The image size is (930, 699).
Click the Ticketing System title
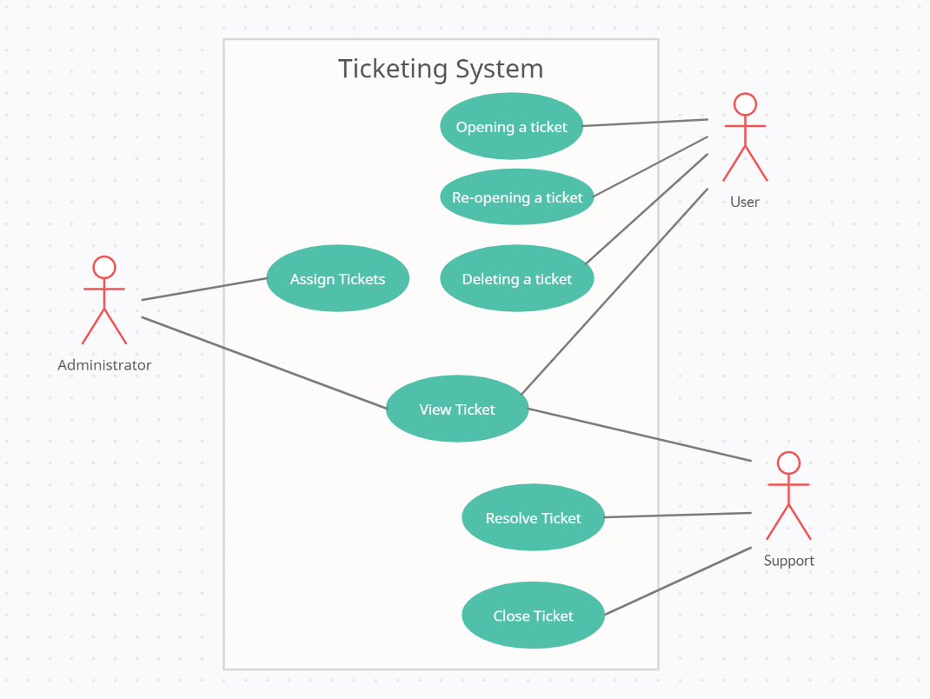point(440,69)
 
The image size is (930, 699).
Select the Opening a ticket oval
point(511,127)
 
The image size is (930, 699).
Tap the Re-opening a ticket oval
point(517,197)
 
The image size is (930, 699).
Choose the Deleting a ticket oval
point(517,279)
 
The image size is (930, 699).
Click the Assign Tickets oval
point(337,279)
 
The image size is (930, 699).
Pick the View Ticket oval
point(457,409)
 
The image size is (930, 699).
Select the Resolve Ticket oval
point(533,518)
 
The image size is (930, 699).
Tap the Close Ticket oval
point(533,616)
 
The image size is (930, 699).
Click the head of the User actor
point(745,104)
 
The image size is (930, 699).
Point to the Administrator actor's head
point(104,267)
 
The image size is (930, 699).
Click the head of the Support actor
point(788,463)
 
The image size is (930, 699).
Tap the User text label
point(745,202)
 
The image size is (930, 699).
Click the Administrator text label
point(104,365)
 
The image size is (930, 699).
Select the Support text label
point(788,561)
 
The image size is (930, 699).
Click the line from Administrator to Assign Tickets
point(204,290)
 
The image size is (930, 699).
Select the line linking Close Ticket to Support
point(678,581)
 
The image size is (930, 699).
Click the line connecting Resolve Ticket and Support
point(678,515)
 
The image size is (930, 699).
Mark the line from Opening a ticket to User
point(645,123)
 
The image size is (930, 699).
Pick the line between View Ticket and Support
point(639,434)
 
